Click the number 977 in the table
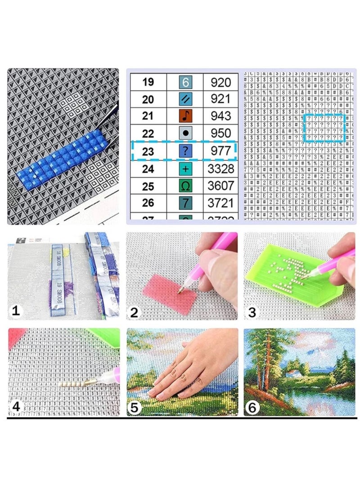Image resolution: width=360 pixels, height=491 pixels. click(220, 151)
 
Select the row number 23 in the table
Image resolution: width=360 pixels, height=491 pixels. click(148, 152)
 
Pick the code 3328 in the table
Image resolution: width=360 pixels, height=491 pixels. click(220, 169)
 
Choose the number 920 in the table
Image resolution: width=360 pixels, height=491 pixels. click(220, 82)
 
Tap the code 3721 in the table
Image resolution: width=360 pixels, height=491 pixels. click(220, 203)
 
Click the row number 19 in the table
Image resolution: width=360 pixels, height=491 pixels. click(148, 82)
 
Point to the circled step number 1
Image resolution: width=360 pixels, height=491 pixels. click(16, 311)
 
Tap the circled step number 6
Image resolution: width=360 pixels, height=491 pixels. click(253, 408)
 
